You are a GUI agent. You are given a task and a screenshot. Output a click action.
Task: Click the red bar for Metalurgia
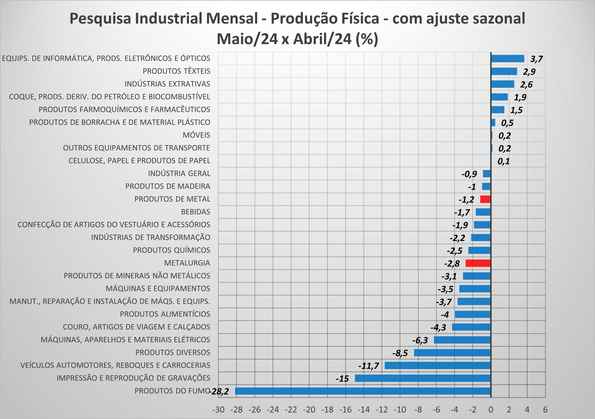click(478, 263)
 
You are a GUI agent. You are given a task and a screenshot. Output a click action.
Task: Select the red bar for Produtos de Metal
click(485, 199)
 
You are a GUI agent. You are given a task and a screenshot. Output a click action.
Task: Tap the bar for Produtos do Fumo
click(363, 391)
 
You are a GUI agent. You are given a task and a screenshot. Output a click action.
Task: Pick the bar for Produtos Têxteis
click(504, 71)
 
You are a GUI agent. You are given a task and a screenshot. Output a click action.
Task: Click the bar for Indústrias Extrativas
click(503, 84)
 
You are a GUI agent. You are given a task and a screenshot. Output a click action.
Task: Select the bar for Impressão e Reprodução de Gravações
click(422, 378)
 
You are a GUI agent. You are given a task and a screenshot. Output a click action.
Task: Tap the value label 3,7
click(536, 59)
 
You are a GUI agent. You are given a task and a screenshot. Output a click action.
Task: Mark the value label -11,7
click(369, 366)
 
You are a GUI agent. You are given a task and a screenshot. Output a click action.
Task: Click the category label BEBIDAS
click(196, 212)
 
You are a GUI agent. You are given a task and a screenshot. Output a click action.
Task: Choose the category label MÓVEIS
click(196, 135)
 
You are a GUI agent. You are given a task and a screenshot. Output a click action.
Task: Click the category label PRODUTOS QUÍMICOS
click(171, 250)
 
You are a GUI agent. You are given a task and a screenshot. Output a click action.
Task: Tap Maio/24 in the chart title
click(247, 39)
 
